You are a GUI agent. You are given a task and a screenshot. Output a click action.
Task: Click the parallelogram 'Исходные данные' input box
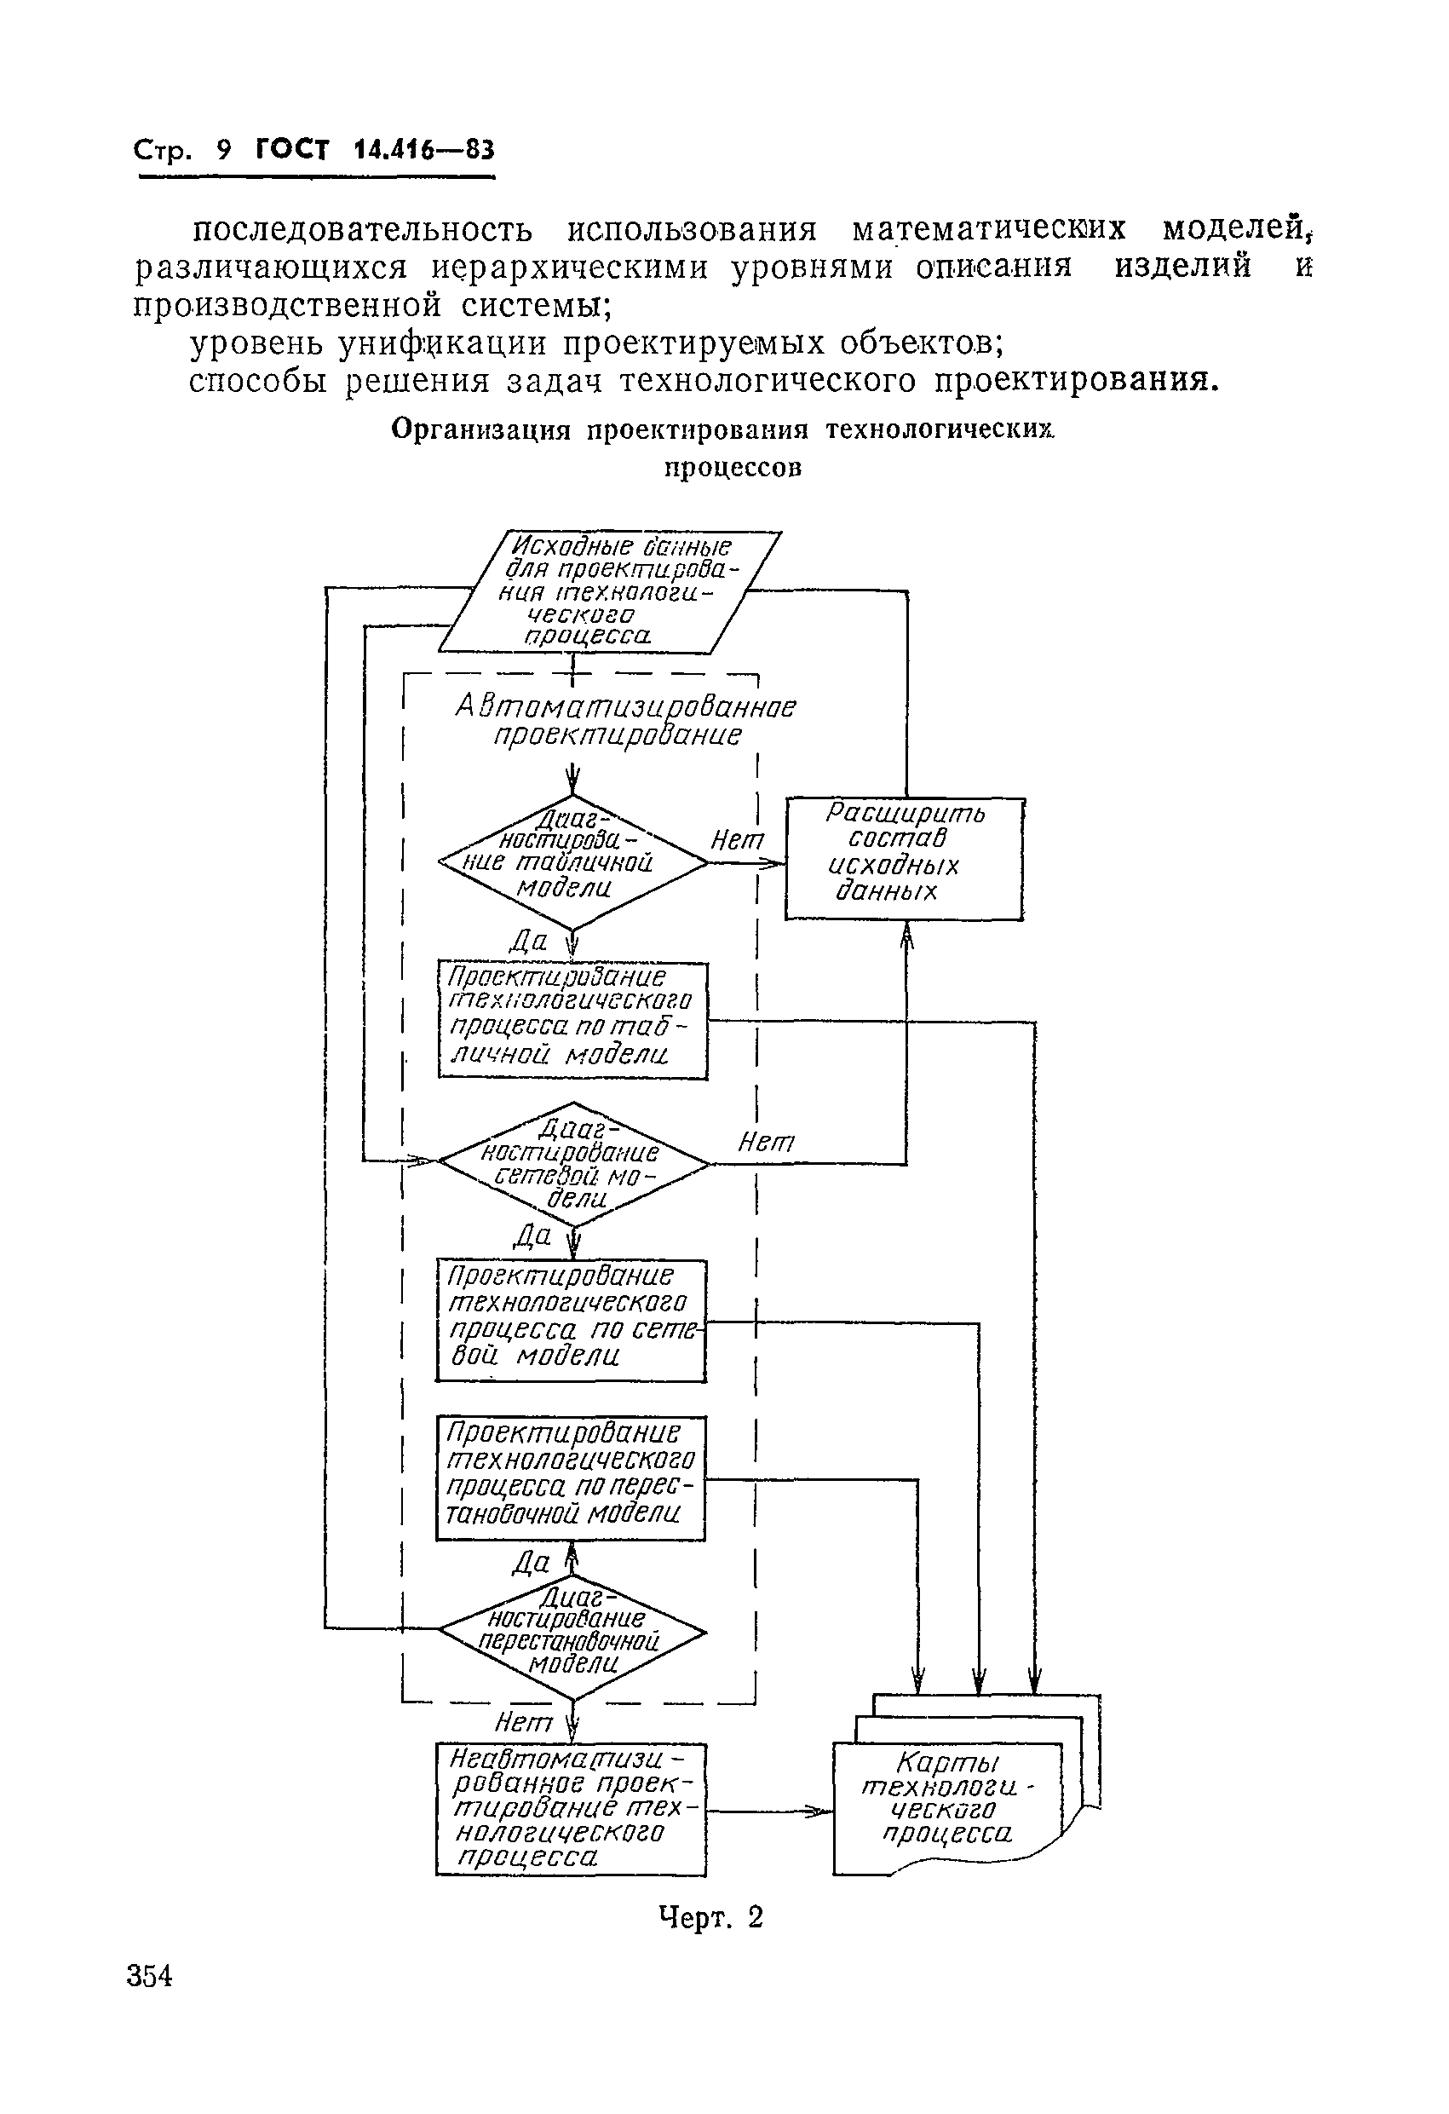point(609,591)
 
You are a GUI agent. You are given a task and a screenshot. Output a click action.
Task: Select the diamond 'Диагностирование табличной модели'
point(572,861)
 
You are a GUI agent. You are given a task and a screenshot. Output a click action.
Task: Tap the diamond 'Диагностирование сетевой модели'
point(572,1163)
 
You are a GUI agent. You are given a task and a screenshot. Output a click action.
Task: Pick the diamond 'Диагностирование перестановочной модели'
point(572,1633)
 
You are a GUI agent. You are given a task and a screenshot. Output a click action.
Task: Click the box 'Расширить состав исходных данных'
point(904,859)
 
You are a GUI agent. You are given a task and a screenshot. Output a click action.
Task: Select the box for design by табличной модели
point(572,1020)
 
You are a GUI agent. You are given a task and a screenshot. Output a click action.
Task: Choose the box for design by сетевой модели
point(571,1320)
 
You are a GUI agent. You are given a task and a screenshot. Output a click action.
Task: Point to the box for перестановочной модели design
point(571,1478)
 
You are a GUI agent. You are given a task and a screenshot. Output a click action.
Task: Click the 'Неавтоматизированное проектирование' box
point(571,1809)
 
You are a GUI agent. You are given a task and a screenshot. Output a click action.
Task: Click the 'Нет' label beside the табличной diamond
point(737,840)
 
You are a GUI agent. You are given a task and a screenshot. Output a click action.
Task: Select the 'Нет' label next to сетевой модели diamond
point(765,1142)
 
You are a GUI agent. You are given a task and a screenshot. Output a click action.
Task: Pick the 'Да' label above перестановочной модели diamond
point(532,1562)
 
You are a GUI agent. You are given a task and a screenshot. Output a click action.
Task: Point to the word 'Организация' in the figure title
point(480,429)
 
